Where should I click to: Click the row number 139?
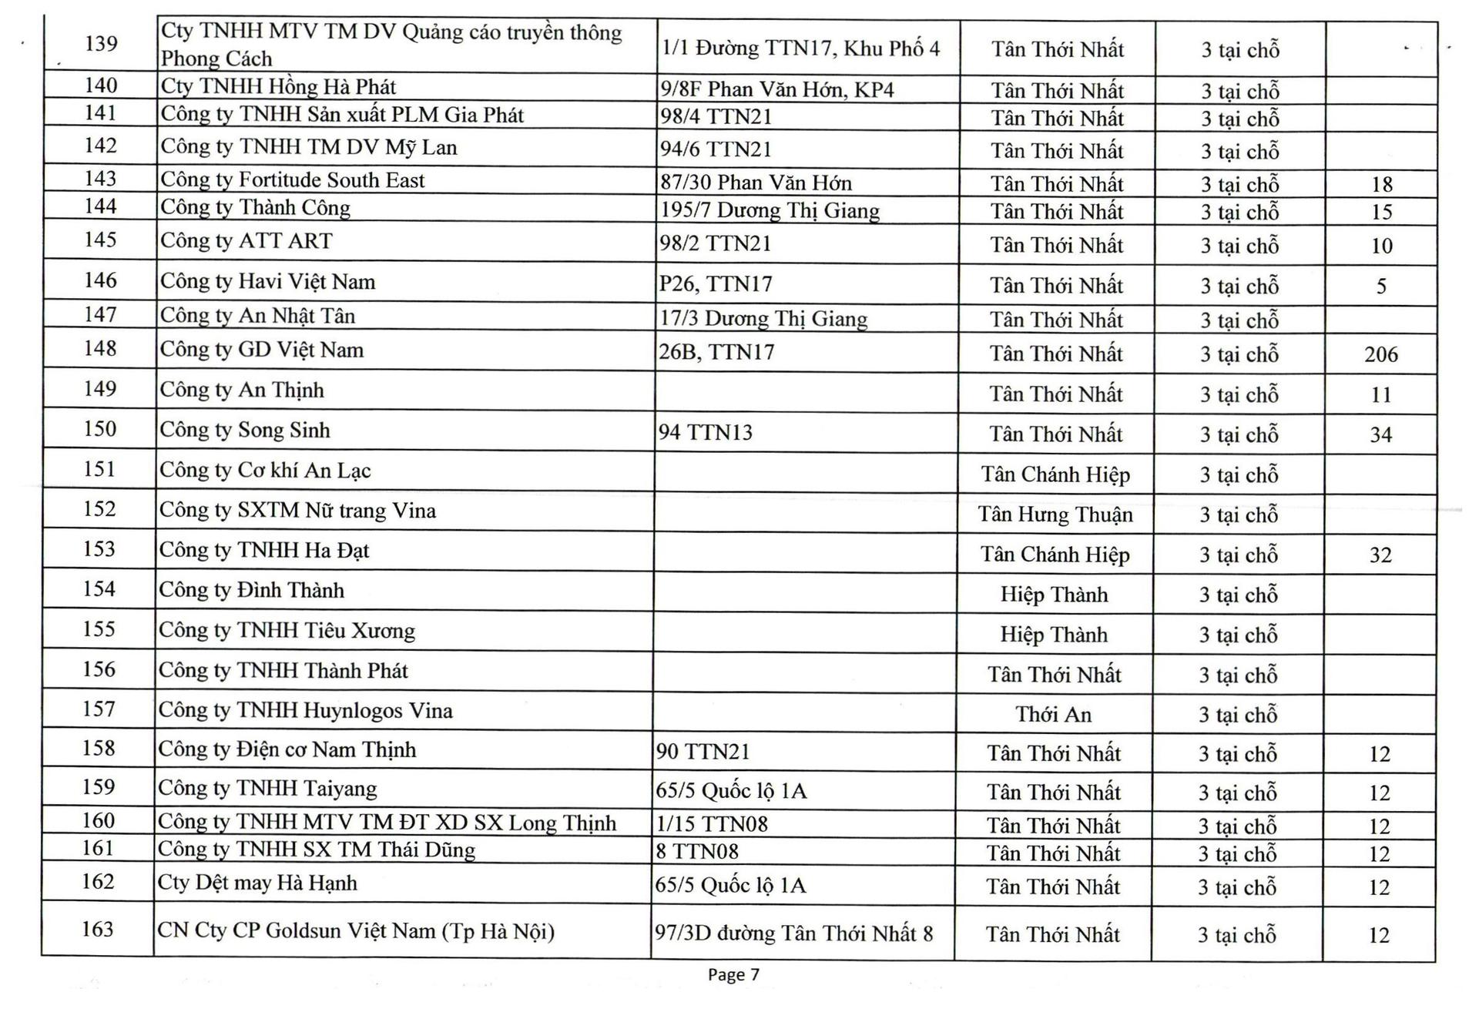[x=101, y=43]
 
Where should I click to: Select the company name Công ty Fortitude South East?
[x=292, y=180]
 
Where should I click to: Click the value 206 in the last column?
[x=1380, y=354]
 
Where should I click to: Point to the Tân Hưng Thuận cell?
[x=1055, y=514]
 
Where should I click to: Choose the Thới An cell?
[x=1053, y=715]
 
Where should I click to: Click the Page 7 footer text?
[x=733, y=975]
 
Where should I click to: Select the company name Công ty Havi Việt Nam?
[x=267, y=282]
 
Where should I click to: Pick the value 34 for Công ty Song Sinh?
[x=1380, y=435]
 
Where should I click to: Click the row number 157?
[x=99, y=709]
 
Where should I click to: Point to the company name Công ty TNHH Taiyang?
[x=267, y=789]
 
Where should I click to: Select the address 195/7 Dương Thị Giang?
[x=770, y=211]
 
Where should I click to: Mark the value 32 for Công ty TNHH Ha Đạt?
[x=1380, y=555]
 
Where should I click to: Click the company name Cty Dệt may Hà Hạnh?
[x=257, y=883]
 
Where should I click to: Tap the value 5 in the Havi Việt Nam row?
[x=1381, y=287]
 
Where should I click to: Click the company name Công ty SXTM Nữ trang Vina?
[x=297, y=511]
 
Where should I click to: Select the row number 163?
[x=98, y=930]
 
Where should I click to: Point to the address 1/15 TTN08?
[x=712, y=824]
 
